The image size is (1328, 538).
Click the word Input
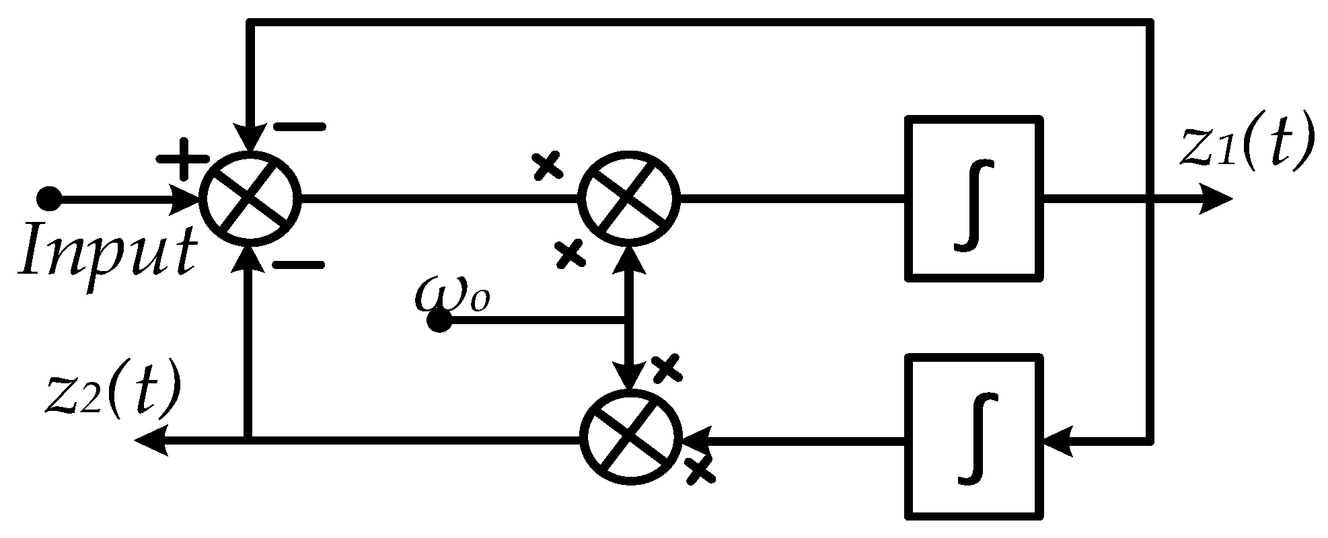[x=108, y=250]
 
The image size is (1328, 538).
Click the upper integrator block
[x=973, y=197]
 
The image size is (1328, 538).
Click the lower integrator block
[x=973, y=436]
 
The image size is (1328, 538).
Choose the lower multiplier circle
[x=631, y=438]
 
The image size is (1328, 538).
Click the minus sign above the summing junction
[x=299, y=126]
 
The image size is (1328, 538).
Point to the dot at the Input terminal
[x=48, y=200]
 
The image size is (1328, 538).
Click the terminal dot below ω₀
[x=439, y=321]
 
